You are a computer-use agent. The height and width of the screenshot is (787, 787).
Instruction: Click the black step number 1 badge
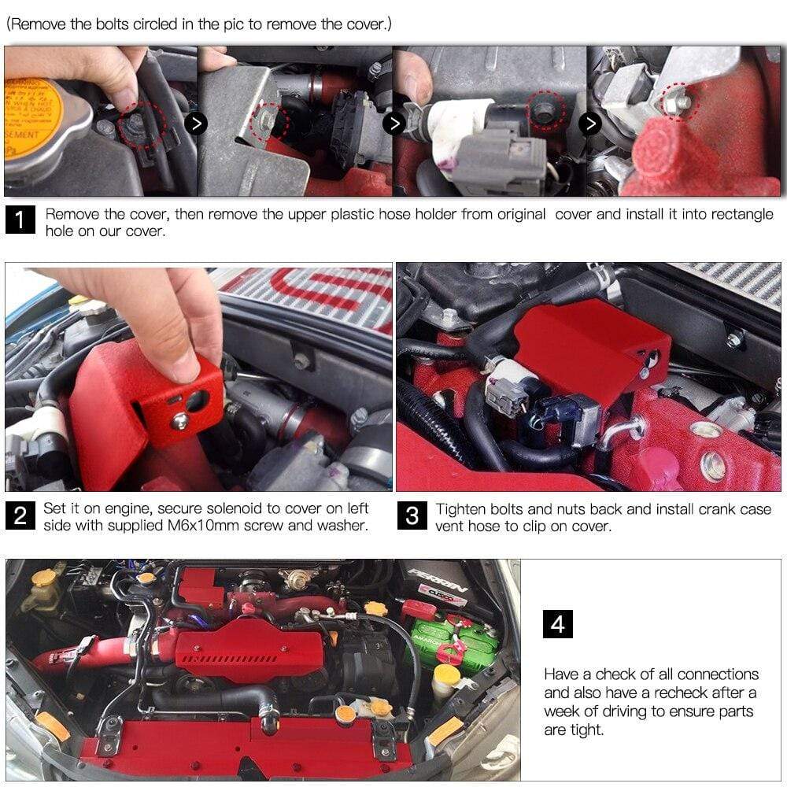click(20, 221)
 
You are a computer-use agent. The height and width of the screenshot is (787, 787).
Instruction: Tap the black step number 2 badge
click(20, 516)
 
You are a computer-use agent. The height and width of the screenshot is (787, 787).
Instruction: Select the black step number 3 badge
click(412, 516)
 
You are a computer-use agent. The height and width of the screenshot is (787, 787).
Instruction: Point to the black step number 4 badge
click(558, 624)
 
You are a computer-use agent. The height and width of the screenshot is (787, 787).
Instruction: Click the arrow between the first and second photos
click(197, 124)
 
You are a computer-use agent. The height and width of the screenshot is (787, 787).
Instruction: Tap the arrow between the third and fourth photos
click(589, 124)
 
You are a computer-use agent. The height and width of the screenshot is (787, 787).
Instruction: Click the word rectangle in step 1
click(743, 214)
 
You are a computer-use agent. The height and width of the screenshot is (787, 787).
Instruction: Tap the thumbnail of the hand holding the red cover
click(198, 377)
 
